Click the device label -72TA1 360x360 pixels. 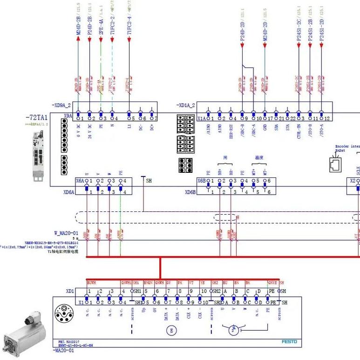[37, 118]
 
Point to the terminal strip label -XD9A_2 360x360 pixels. [63, 106]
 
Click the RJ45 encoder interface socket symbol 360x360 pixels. [334, 163]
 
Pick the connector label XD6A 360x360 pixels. [69, 192]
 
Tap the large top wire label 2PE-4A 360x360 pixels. [101, 27]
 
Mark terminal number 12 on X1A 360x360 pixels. [327, 119]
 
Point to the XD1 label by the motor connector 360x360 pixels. [70, 291]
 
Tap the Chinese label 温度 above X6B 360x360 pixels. [259, 158]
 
